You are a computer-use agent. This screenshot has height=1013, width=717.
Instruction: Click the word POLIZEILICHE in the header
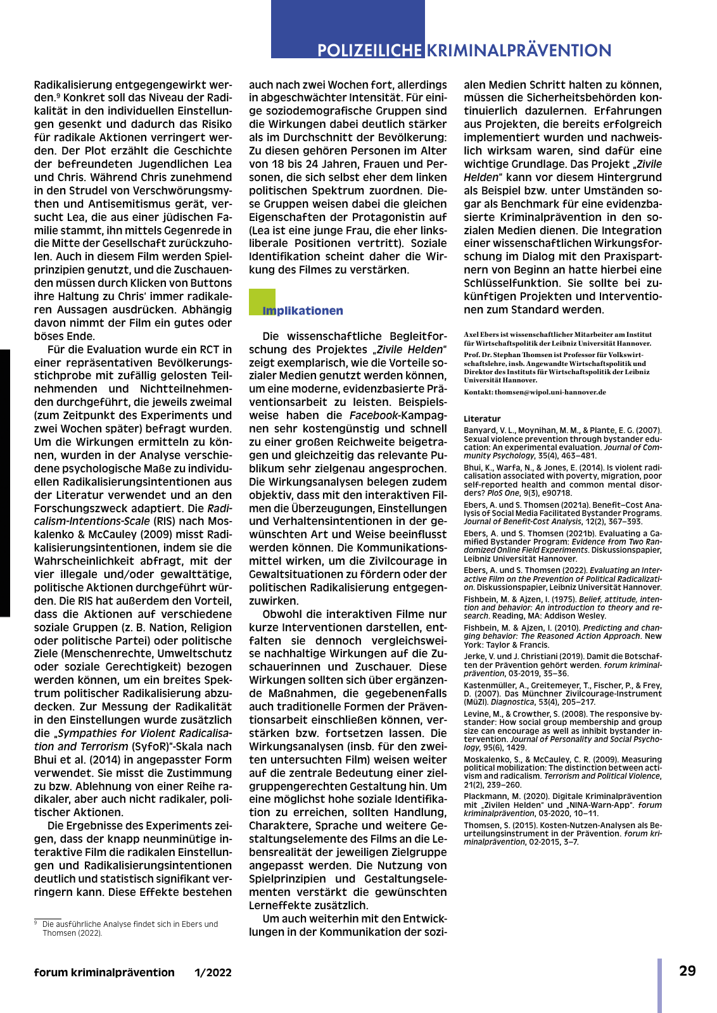[x=369, y=51]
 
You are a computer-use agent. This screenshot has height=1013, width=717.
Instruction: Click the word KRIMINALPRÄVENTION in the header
[x=519, y=51]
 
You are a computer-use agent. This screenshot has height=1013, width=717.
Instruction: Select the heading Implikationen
[x=303, y=311]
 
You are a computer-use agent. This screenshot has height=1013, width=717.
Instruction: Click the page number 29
[x=687, y=971]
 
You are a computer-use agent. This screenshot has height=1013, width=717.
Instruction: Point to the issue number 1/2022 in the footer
[x=213, y=972]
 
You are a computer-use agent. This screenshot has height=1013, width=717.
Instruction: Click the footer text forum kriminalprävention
[x=105, y=972]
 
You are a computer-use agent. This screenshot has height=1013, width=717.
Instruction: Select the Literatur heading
[x=482, y=418]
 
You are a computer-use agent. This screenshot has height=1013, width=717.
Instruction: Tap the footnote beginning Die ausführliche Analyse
[x=130, y=928]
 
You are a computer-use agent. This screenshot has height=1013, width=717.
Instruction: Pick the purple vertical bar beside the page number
[x=659, y=985]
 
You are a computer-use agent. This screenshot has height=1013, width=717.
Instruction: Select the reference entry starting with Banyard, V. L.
[x=562, y=443]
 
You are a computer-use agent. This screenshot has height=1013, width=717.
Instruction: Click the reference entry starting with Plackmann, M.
[x=562, y=805]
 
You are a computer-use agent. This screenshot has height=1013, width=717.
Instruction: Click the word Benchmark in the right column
[x=528, y=204]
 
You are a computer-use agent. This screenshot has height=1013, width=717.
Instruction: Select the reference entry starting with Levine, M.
[x=562, y=731]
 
